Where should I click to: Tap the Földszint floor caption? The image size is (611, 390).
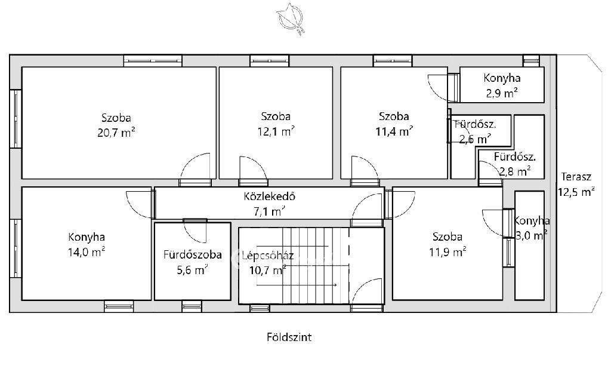click(289, 337)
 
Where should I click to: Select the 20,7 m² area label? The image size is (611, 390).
click(116, 133)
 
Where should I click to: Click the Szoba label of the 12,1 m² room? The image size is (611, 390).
click(276, 116)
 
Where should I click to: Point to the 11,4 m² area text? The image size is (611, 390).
click(394, 131)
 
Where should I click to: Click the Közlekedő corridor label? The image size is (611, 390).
click(269, 196)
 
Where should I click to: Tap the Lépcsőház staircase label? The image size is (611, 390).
click(268, 256)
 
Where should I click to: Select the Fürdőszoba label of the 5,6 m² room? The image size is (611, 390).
click(193, 254)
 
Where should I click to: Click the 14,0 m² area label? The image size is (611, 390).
click(87, 252)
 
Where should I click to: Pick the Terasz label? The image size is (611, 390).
click(576, 177)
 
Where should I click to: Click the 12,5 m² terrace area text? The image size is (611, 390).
click(576, 192)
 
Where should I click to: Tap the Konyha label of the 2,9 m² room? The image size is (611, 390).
click(502, 78)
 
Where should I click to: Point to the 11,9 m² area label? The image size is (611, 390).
click(448, 252)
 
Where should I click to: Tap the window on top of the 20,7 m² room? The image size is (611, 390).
click(153, 61)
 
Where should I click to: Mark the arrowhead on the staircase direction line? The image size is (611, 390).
click(335, 285)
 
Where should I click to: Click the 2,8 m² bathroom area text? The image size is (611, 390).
click(515, 171)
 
